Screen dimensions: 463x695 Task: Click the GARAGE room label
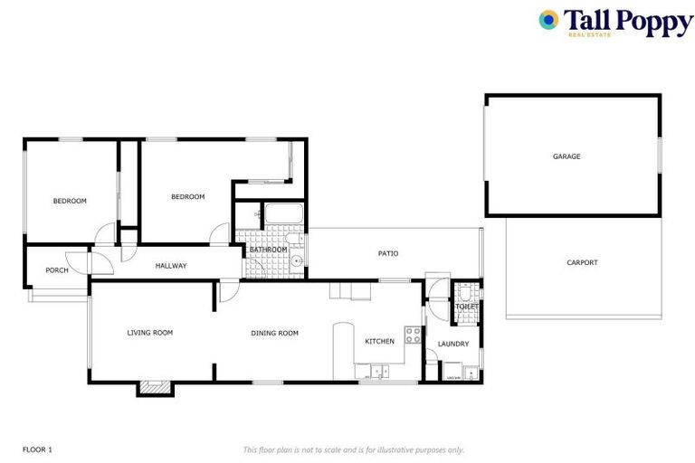click(566, 156)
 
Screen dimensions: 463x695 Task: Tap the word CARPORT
click(582, 262)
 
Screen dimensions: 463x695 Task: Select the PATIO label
click(388, 253)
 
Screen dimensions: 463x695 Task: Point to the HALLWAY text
click(171, 266)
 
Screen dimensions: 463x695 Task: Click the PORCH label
click(57, 269)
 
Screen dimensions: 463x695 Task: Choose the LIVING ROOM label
click(149, 333)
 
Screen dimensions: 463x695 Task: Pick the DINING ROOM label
click(274, 333)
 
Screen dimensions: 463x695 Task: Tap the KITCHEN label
click(379, 341)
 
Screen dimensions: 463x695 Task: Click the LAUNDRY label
click(452, 344)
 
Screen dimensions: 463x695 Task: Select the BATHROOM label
click(269, 250)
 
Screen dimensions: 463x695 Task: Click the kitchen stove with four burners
click(413, 335)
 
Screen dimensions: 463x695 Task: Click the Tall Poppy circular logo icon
click(548, 20)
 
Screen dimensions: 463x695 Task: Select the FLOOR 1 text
click(37, 449)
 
